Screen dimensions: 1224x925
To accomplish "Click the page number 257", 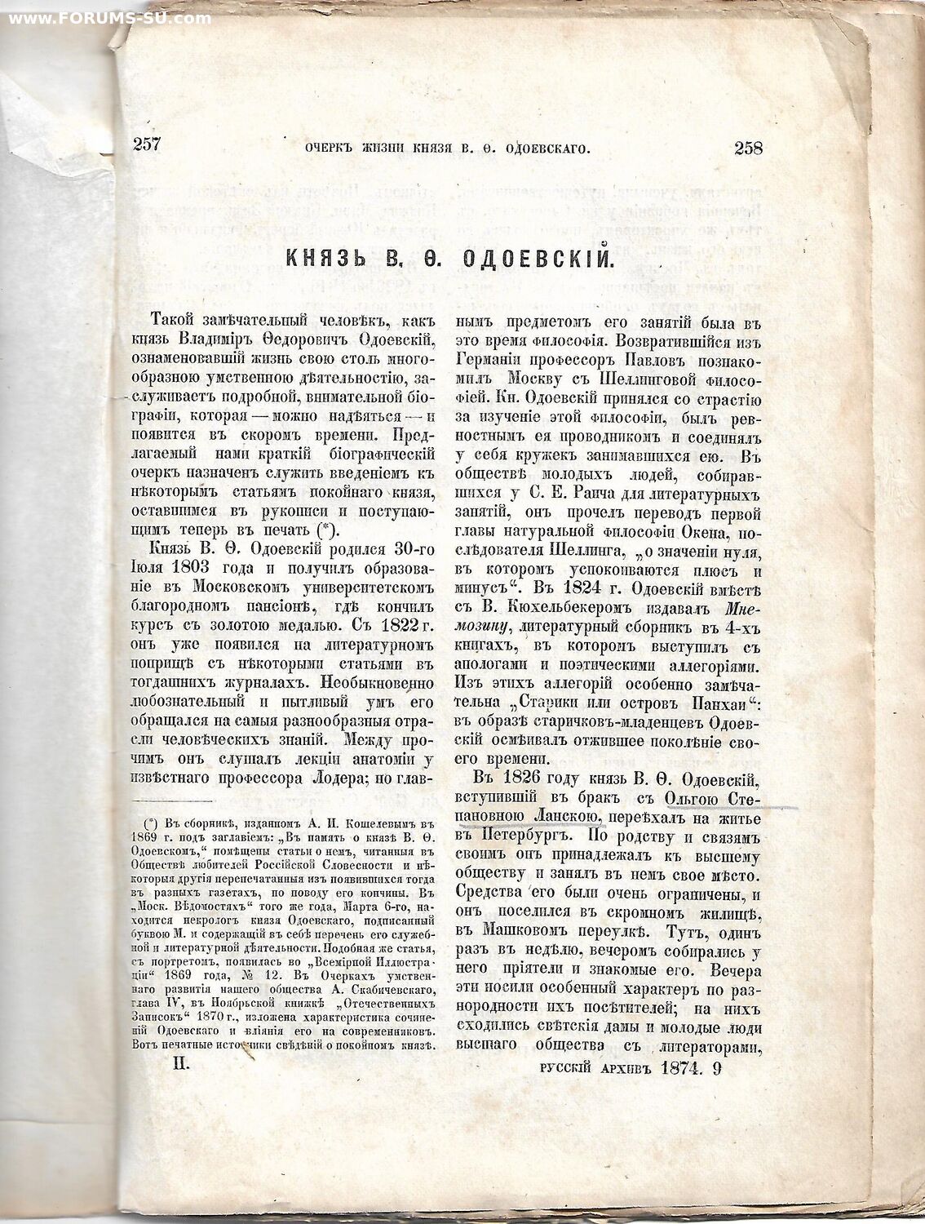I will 147,146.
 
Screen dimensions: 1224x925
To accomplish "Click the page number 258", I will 748,148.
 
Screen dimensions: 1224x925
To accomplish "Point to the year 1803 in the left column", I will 187,567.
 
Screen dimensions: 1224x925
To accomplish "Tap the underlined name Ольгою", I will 692,798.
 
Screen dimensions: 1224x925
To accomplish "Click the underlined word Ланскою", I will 568,818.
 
